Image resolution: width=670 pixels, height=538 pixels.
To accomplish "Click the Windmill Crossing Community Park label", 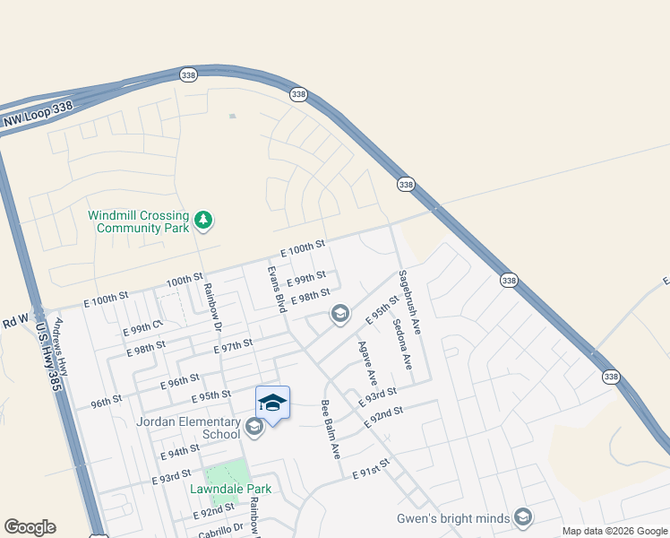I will click(138, 221).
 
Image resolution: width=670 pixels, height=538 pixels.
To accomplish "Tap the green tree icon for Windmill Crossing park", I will click(204, 220).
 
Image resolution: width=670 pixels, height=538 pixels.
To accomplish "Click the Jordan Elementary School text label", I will click(188, 428).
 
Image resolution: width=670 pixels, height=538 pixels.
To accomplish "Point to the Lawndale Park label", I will click(230, 489).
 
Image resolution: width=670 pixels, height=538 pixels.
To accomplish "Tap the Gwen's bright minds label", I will click(453, 518).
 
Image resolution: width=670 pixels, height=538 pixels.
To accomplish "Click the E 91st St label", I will click(373, 473).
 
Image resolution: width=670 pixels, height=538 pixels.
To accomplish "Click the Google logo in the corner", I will click(30, 527).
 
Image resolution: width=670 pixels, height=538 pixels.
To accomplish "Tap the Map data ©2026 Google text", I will click(614, 531).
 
